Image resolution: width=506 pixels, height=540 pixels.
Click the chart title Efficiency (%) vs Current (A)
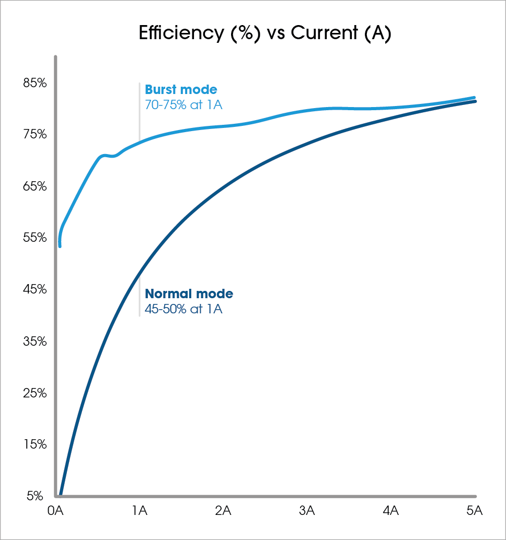point(265,33)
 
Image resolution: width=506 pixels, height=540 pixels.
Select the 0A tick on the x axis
point(55,511)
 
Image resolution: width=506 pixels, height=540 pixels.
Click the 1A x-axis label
point(140,511)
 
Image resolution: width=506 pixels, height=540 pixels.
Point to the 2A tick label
point(223,511)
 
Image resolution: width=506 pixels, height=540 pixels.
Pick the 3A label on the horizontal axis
point(307,511)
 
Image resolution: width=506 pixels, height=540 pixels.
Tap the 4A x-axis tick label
point(390,511)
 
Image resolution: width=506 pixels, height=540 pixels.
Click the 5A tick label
point(474,511)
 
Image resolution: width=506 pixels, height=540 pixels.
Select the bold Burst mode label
point(181,90)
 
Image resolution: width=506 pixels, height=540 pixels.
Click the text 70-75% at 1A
point(183,105)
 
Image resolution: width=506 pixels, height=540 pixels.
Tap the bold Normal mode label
point(189,294)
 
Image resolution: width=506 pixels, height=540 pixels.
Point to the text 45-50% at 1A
point(183,309)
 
